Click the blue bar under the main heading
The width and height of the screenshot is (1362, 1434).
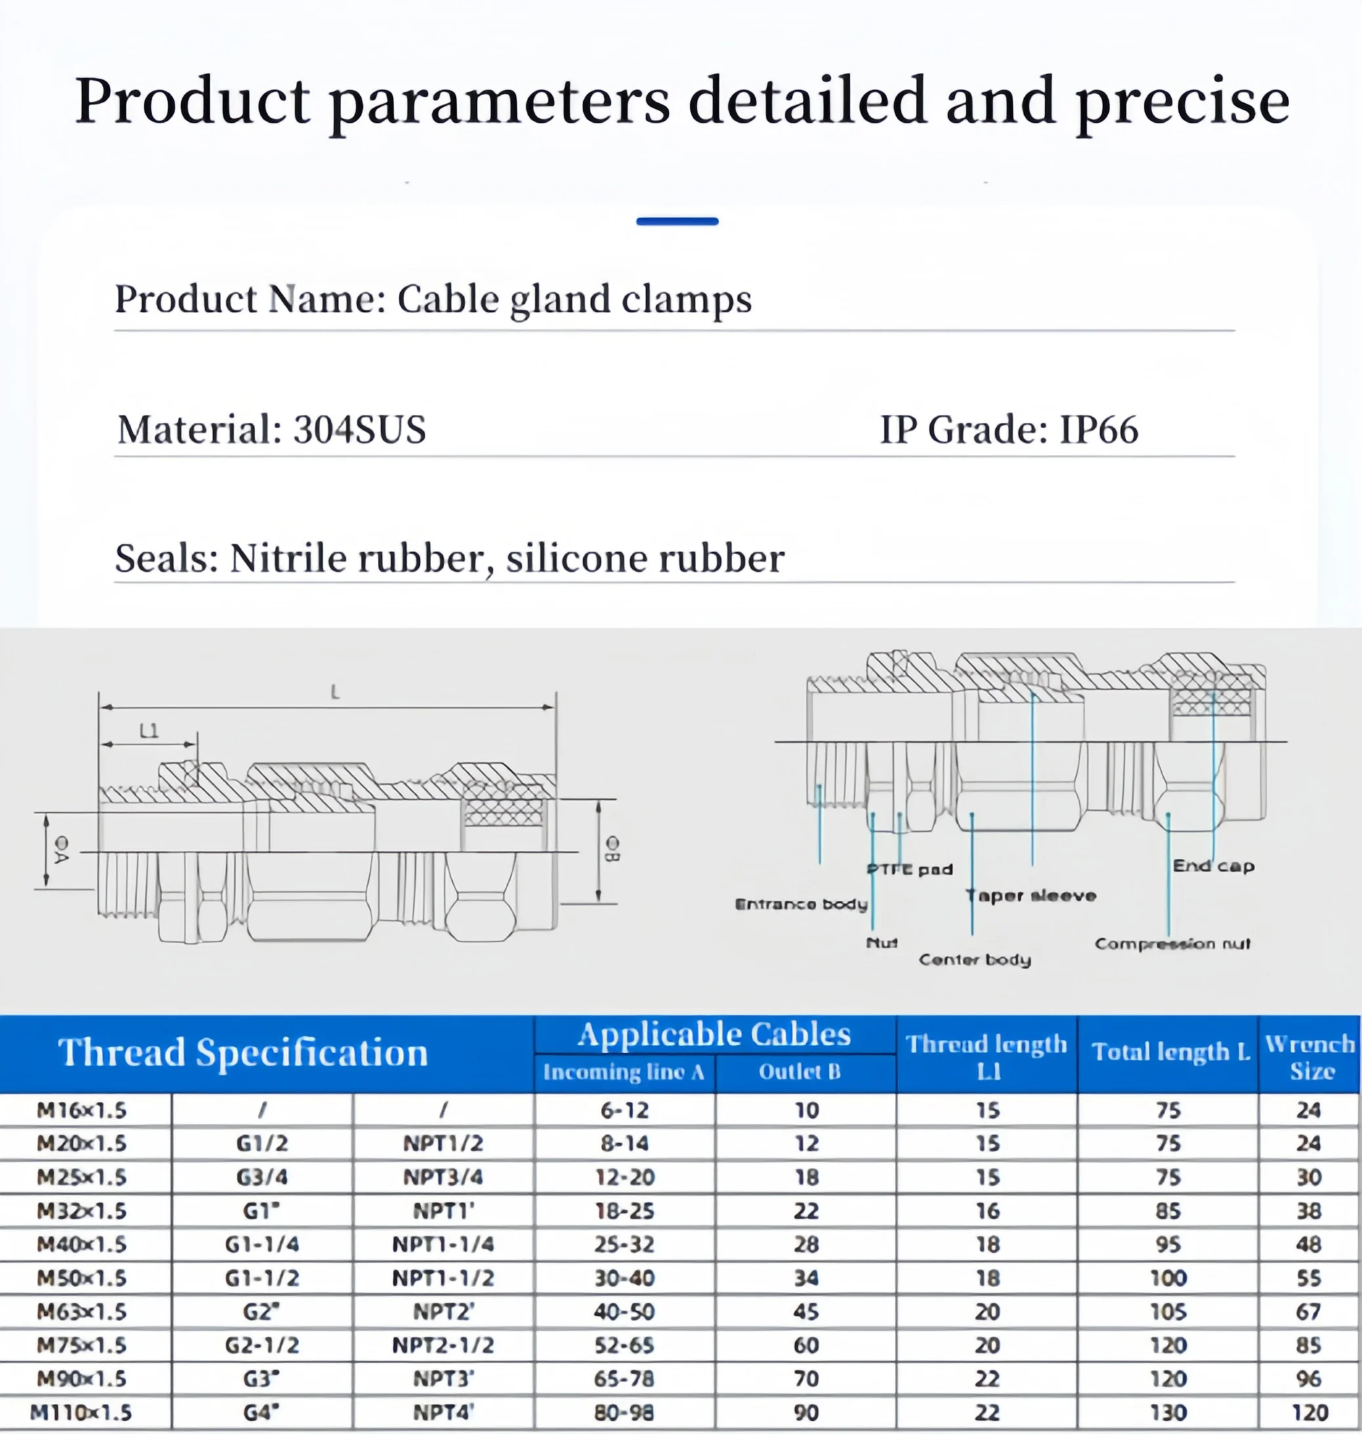(676, 221)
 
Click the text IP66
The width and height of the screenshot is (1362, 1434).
(1099, 429)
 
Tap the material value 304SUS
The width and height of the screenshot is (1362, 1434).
(360, 429)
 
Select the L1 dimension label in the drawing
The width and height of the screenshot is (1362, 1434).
(149, 731)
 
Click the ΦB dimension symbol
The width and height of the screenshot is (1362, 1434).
(612, 848)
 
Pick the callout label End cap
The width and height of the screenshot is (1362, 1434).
(1213, 866)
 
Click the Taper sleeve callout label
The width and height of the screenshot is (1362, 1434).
(1031, 896)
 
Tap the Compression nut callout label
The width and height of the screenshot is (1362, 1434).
(1172, 944)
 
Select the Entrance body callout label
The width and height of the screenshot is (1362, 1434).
(801, 904)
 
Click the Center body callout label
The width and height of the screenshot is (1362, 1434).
(974, 960)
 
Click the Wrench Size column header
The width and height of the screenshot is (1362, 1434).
(1310, 1057)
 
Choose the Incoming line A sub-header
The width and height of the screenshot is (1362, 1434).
(624, 1072)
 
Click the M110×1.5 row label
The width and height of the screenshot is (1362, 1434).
(81, 1412)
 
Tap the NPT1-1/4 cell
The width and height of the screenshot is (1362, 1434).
(443, 1244)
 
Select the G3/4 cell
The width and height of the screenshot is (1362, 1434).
(262, 1177)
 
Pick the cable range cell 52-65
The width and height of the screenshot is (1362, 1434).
(625, 1345)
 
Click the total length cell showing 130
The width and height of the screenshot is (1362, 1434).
(1168, 1412)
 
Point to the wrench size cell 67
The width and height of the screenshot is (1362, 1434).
(1308, 1312)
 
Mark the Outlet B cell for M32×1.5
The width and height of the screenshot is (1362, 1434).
(806, 1211)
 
